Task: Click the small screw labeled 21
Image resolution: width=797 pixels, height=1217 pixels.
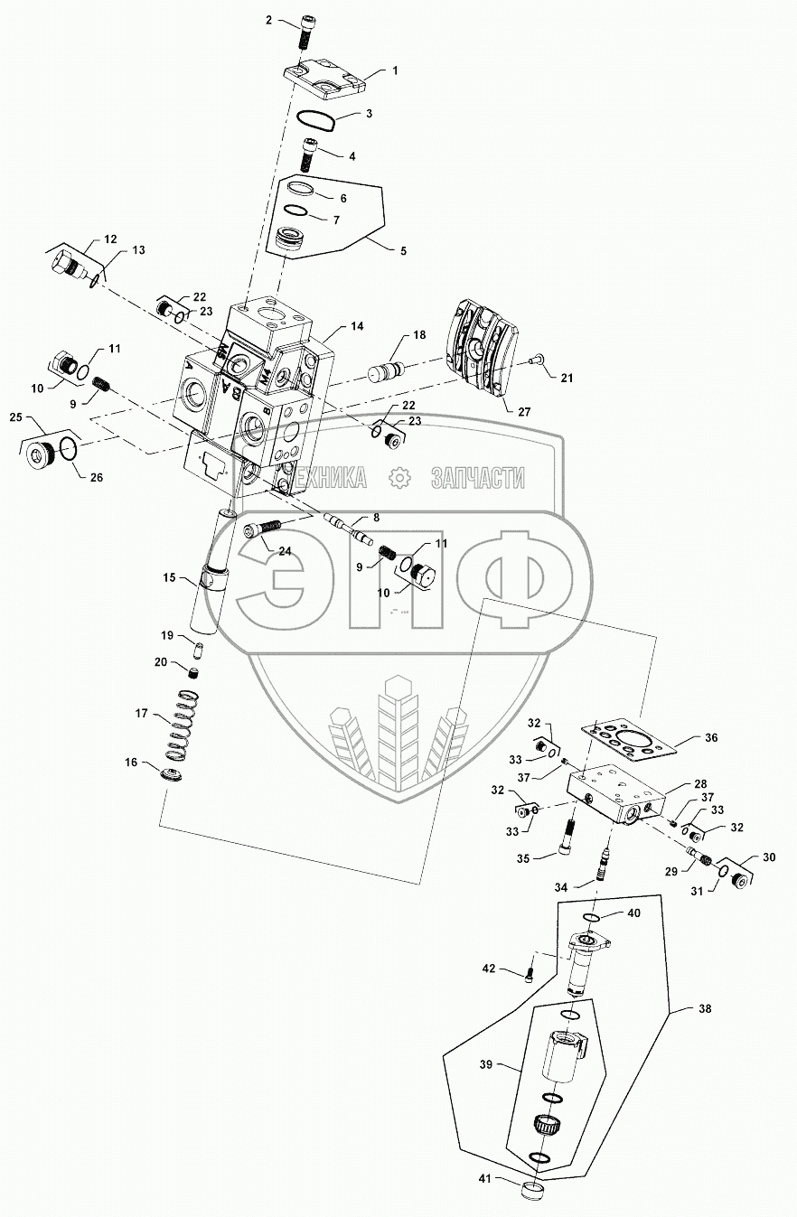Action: [x=534, y=361]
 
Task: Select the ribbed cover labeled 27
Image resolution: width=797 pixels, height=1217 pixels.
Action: [x=482, y=348]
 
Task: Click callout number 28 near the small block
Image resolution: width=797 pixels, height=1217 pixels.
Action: [x=701, y=784]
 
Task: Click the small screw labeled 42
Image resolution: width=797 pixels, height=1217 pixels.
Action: [x=530, y=973]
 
